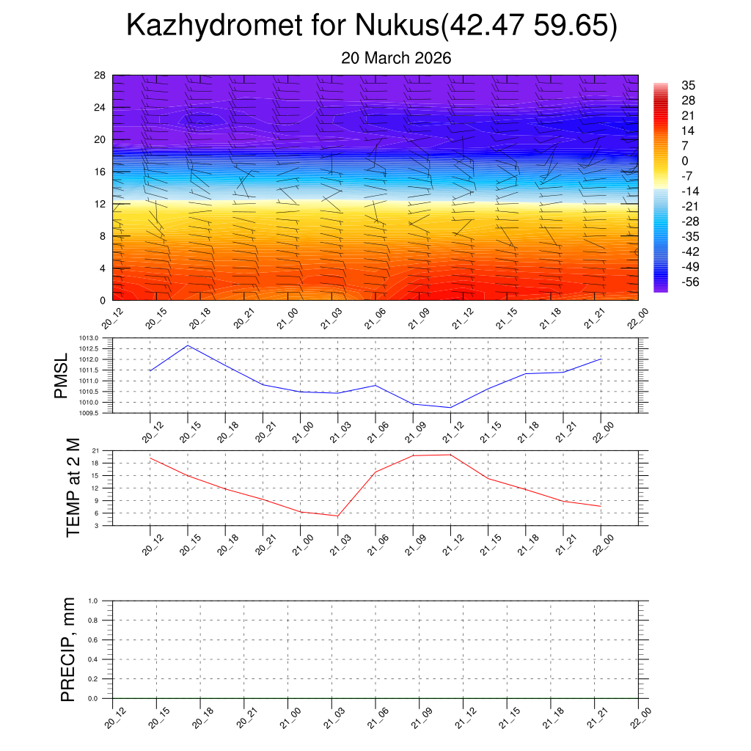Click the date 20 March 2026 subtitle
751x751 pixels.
pos(396,57)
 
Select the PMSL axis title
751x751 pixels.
pos(64,375)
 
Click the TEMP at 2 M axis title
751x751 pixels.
pos(73,488)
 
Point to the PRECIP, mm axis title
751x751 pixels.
pos(67,649)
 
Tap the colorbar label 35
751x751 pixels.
pos(688,85)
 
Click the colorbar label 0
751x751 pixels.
pos(685,161)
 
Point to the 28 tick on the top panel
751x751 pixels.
pos(100,76)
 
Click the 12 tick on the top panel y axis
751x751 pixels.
pos(100,204)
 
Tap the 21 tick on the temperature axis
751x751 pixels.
pos(95,451)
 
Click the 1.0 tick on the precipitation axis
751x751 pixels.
pos(93,601)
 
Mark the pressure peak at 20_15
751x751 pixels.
pos(188,345)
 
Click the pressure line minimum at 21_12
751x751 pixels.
pos(450,408)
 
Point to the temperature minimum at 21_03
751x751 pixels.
pos(337,516)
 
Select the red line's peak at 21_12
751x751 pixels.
pos(450,455)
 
